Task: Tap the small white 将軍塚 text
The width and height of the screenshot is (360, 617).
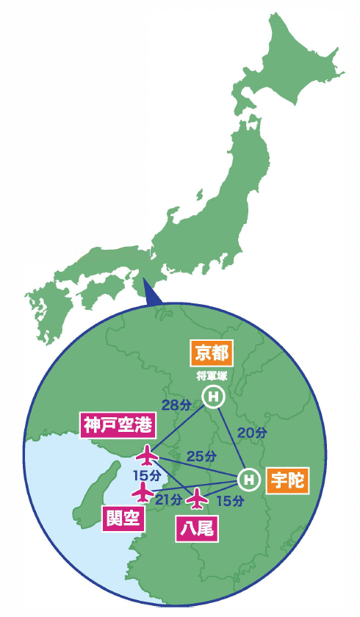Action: [x=212, y=376]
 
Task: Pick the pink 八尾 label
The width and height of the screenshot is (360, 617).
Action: [x=196, y=528]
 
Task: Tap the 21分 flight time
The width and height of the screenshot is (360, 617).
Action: [x=168, y=500]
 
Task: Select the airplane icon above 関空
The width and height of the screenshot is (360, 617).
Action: [x=142, y=491]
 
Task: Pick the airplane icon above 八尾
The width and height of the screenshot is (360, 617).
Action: [x=196, y=499]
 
